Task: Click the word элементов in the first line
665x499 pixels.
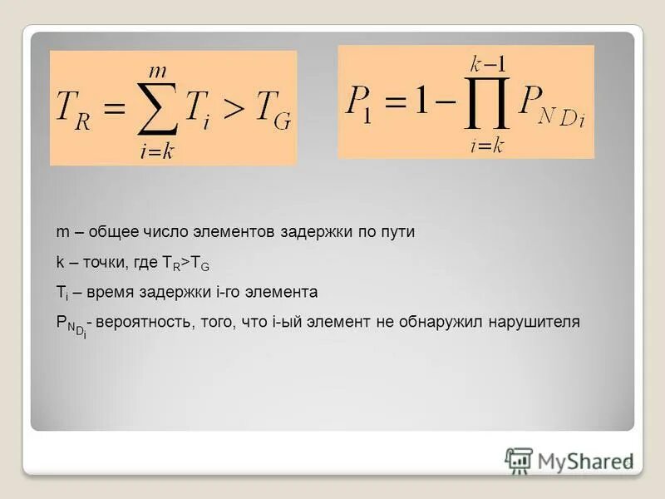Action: [229, 233]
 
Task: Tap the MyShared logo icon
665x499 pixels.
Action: [520, 461]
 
